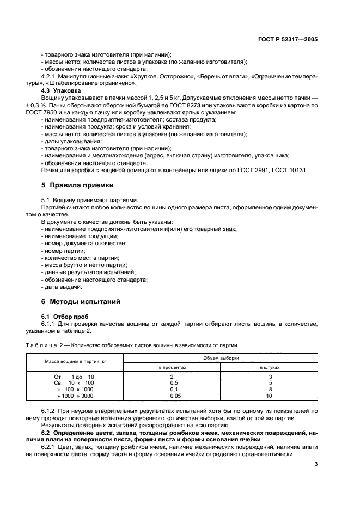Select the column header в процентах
point(172,368)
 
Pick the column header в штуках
point(269,368)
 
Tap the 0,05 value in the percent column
point(172,397)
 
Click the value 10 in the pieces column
point(269,397)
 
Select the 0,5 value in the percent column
point(172,383)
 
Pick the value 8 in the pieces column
point(269,390)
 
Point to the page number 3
point(316,464)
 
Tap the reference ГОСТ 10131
point(290,169)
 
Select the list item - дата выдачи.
point(62,287)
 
